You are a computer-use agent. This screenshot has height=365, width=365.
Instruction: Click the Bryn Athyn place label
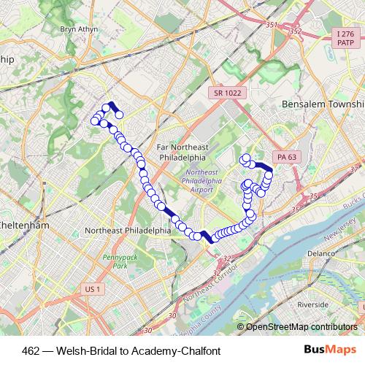click(x=78, y=29)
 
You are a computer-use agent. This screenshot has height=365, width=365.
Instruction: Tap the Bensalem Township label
click(x=323, y=105)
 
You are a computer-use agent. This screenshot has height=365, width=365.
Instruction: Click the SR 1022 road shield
click(x=228, y=93)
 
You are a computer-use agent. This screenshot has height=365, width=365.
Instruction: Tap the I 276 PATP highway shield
click(x=345, y=39)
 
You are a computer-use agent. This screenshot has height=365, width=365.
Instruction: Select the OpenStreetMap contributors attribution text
click(x=304, y=327)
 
